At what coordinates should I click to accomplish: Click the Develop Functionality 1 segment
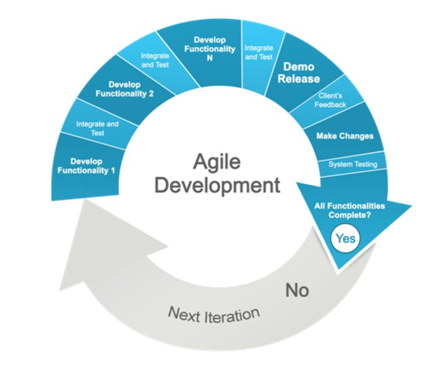point(86,166)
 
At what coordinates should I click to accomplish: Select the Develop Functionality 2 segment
point(124,89)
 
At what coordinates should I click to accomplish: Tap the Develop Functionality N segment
point(209,53)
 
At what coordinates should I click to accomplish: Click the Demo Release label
point(299,73)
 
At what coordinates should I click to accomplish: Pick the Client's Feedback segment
point(330,100)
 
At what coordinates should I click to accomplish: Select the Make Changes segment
point(345,134)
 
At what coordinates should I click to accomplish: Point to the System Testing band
point(352,164)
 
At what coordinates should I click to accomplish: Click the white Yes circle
point(345,239)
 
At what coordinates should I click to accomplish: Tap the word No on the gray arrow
point(297,290)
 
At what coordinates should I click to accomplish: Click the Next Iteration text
point(214,315)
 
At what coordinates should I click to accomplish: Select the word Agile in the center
point(217,162)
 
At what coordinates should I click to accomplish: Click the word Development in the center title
point(217,185)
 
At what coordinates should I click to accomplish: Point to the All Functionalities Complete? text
point(349,210)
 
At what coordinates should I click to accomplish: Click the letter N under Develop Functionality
point(209,58)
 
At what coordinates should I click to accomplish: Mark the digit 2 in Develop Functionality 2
point(151,94)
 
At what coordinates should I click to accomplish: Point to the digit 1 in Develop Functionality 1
point(112,171)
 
